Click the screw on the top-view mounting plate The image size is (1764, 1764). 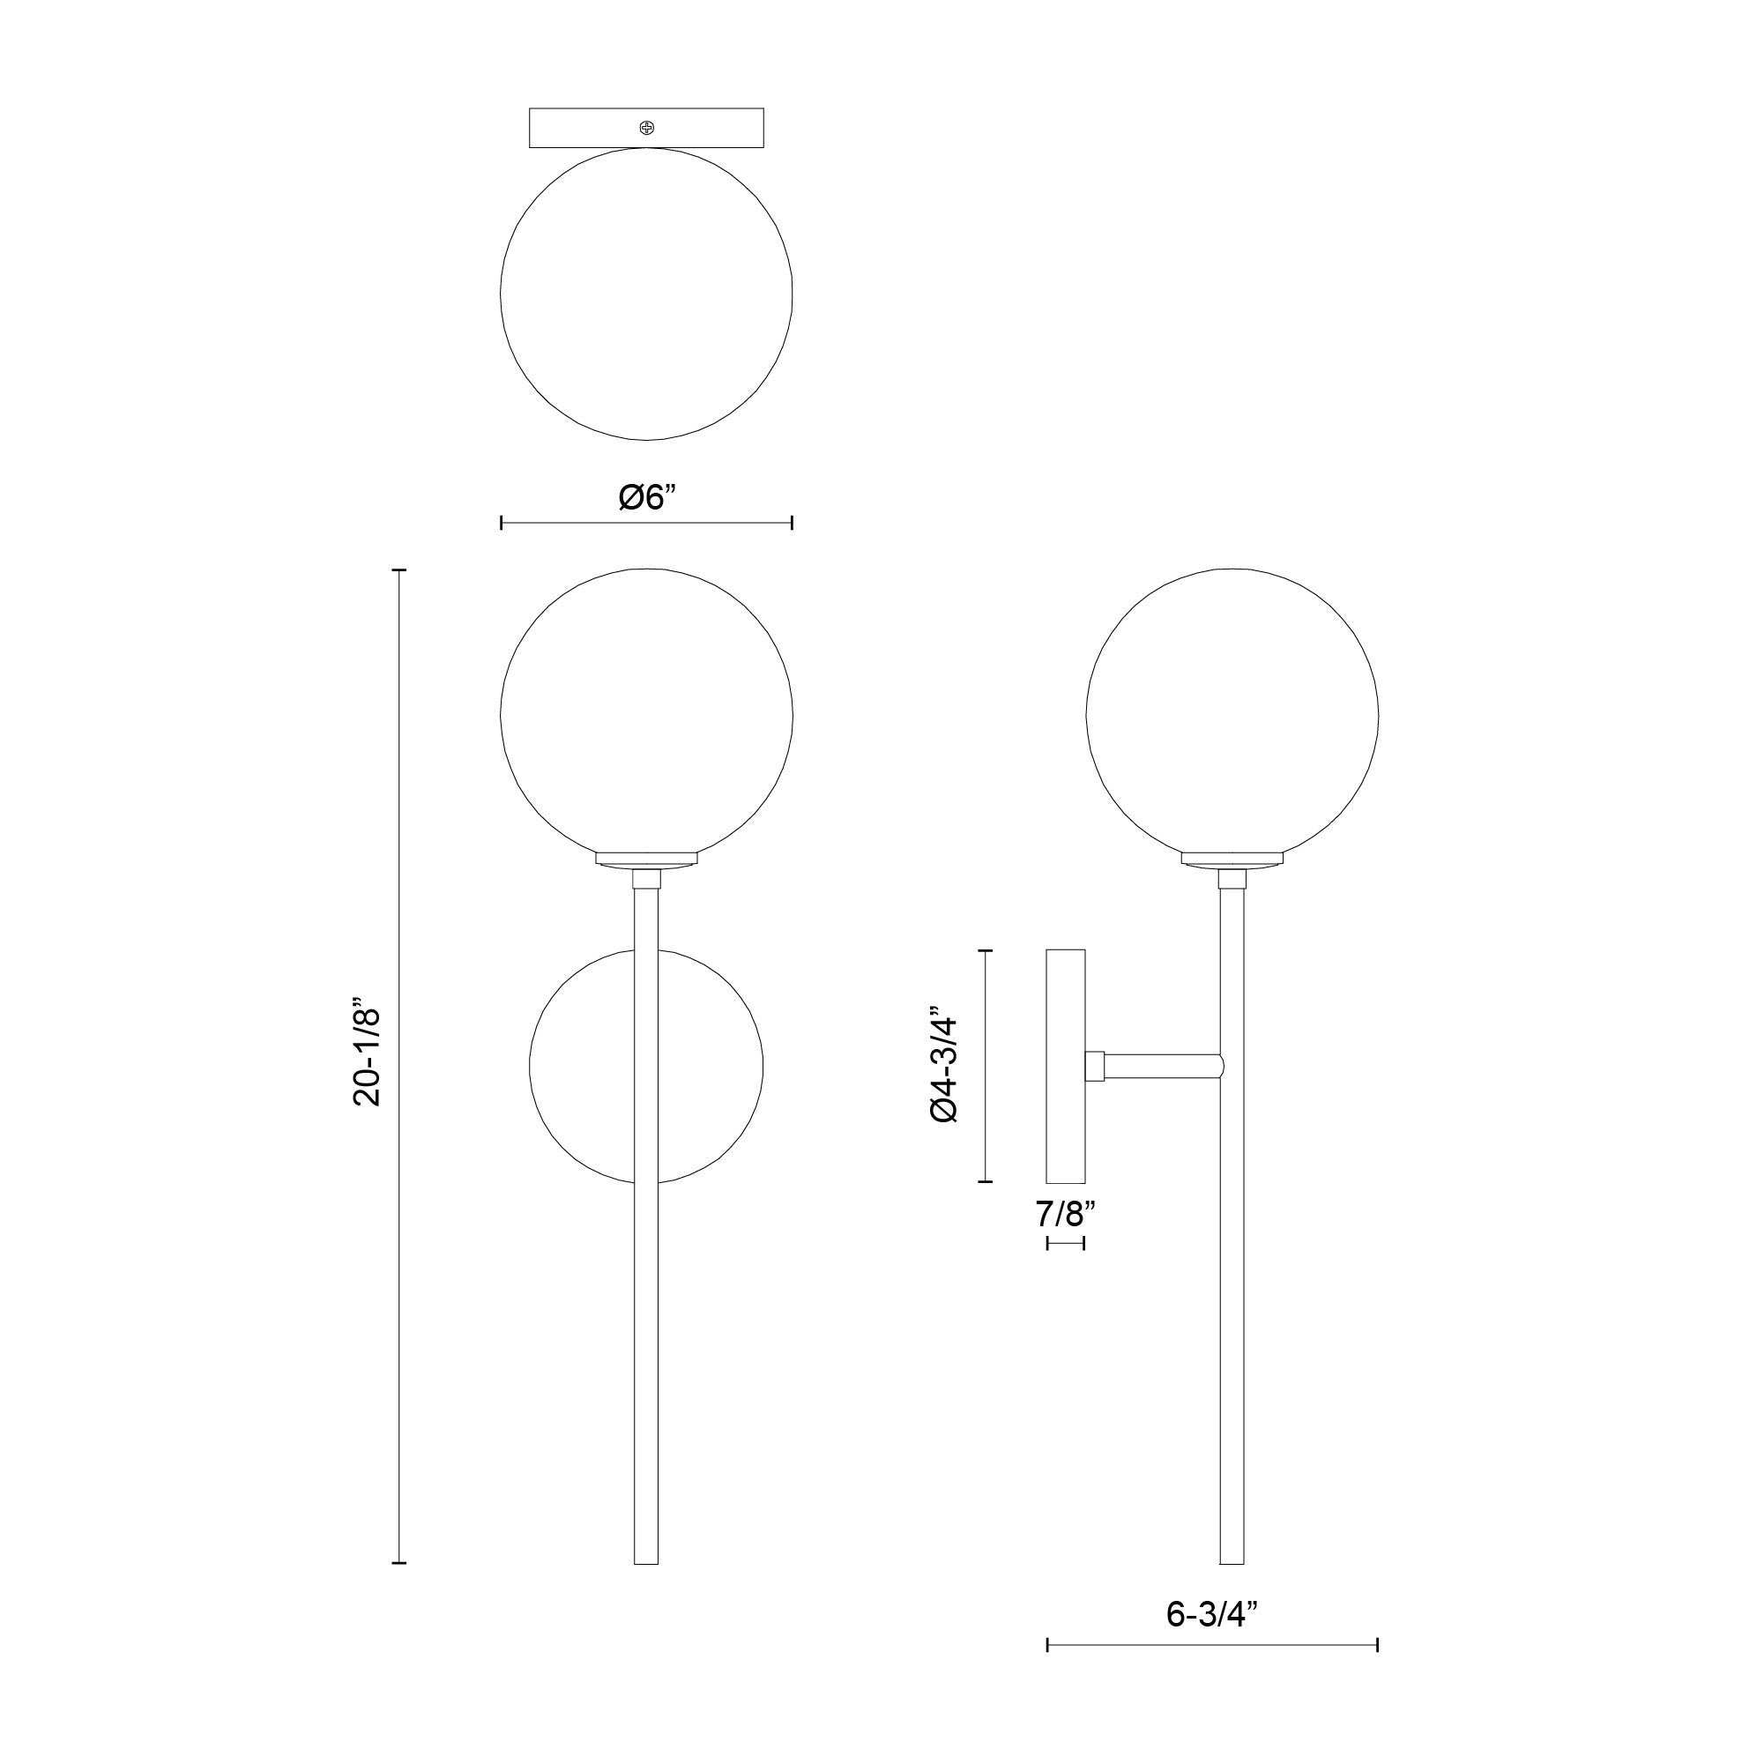pyautogui.click(x=646, y=127)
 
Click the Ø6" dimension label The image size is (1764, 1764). pyautogui.click(x=646, y=497)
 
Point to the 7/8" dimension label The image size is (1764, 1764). pyautogui.click(x=1065, y=1213)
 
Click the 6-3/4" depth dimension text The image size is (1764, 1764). pyautogui.click(x=1211, y=1613)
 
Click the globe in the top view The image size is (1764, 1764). pyautogui.click(x=646, y=294)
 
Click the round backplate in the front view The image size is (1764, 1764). pyautogui.click(x=584, y=1066)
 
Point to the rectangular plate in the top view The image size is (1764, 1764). pyautogui.click(x=584, y=128)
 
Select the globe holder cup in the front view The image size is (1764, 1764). pyautogui.click(x=646, y=860)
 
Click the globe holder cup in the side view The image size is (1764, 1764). pyautogui.click(x=1232, y=860)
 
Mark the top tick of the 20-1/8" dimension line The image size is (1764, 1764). pyautogui.click(x=399, y=569)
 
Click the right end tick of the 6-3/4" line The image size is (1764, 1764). pyautogui.click(x=1377, y=1645)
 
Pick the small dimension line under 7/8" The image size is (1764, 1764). pyautogui.click(x=1066, y=1243)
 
